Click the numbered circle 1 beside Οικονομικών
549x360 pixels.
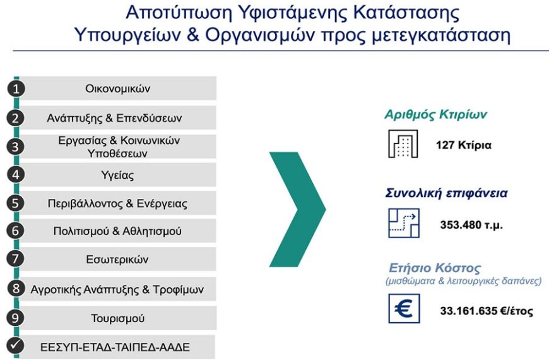click(16, 88)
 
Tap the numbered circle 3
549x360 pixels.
click(16, 147)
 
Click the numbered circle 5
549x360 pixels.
click(16, 203)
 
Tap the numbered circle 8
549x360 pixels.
click(16, 289)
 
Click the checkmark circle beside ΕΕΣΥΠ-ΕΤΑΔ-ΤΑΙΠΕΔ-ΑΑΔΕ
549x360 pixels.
click(16, 346)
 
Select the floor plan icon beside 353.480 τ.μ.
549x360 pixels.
click(403, 222)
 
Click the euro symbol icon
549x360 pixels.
click(403, 309)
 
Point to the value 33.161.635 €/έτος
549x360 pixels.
click(486, 311)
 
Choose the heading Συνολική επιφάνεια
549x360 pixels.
click(446, 193)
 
